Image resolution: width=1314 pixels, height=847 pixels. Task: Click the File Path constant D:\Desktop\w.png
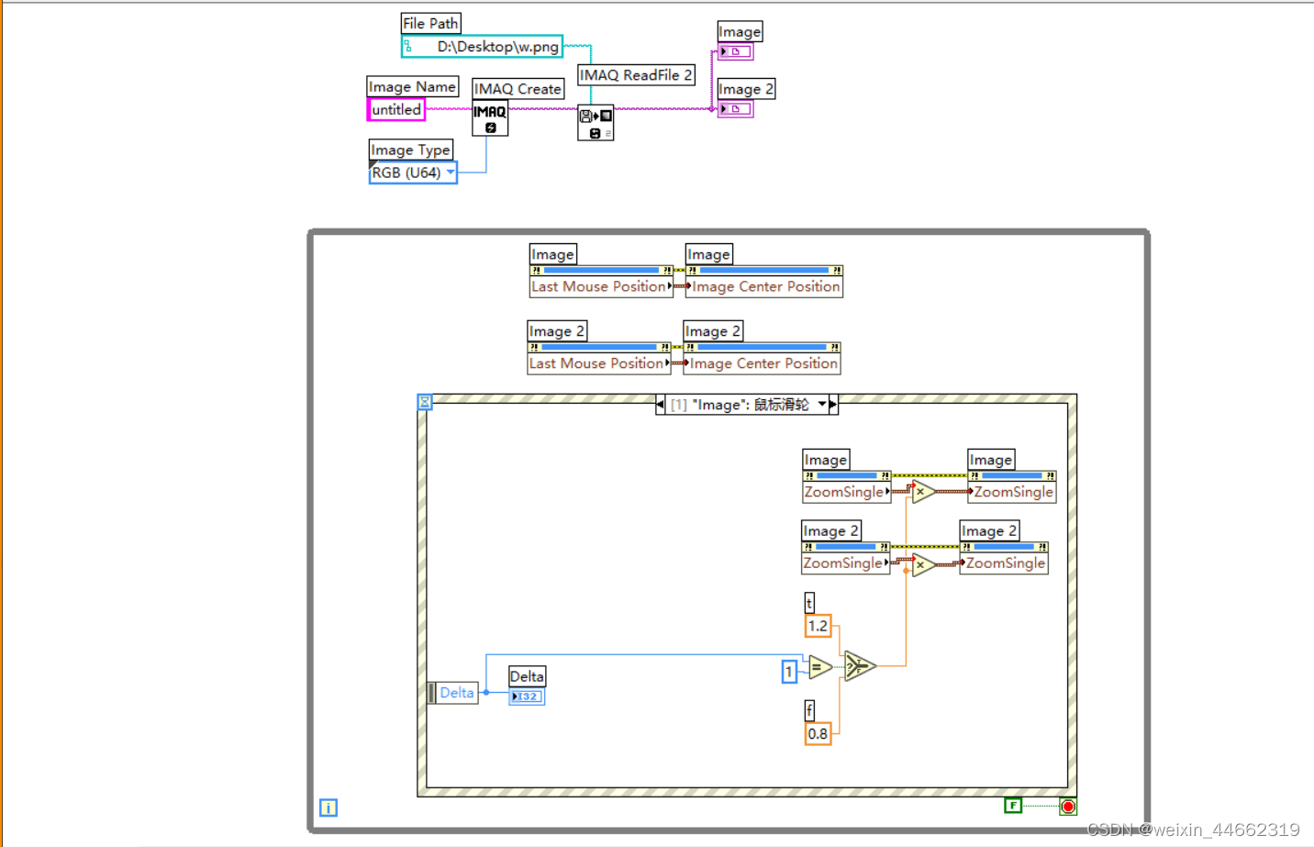[482, 47]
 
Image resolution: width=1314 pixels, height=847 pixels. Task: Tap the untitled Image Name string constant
[396, 109]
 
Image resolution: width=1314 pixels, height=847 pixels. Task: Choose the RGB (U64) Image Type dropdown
[413, 173]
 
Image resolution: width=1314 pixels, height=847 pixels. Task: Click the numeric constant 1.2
[818, 626]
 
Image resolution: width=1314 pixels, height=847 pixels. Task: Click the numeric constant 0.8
[818, 734]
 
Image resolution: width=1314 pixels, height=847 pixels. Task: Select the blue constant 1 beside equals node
[788, 672]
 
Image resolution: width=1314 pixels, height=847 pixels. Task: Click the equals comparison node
[818, 668]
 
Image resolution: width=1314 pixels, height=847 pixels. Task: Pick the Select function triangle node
[858, 665]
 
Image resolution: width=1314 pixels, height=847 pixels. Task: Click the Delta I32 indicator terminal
[527, 697]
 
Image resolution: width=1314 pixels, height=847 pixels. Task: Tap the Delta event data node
[455, 693]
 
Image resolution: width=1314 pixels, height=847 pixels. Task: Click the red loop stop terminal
[1068, 807]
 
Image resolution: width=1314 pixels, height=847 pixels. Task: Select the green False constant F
[1013, 806]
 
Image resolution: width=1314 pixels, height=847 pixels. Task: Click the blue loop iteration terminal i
[328, 808]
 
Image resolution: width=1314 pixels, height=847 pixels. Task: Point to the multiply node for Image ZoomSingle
[922, 492]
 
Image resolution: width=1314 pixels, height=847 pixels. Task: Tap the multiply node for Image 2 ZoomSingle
[922, 564]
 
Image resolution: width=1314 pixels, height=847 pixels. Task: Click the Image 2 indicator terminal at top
[735, 109]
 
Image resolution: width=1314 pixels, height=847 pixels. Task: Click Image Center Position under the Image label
[765, 286]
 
